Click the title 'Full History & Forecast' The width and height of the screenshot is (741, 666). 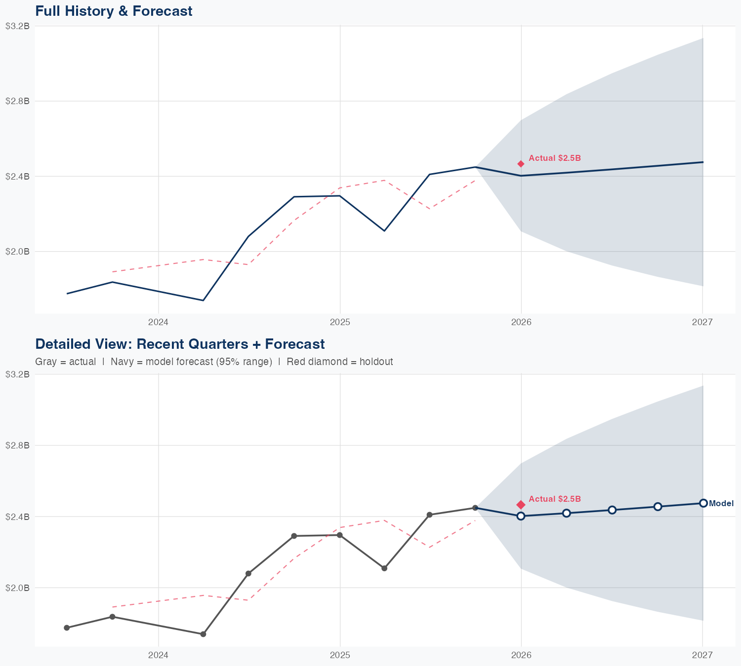[x=114, y=11]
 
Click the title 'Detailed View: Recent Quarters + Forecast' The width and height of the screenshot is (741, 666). [x=180, y=344]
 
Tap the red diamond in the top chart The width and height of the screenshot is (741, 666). [x=521, y=164]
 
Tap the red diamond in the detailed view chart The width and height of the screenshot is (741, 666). [x=521, y=505]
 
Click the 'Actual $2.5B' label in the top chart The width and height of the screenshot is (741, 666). [x=554, y=158]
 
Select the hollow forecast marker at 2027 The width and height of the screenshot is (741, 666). [x=703, y=503]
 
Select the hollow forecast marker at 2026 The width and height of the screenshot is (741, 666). [x=521, y=516]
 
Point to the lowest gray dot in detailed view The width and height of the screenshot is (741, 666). [x=203, y=634]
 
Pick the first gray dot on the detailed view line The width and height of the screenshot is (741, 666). [x=67, y=628]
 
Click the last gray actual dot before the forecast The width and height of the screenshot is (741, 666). [x=475, y=508]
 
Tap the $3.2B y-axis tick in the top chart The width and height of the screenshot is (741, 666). [x=17, y=26]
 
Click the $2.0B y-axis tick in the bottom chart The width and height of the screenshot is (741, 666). [x=17, y=588]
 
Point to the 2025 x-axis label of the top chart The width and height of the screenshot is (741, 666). [x=340, y=323]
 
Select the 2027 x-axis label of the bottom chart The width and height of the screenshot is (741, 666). [x=702, y=655]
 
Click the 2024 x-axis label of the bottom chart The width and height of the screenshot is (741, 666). [x=158, y=655]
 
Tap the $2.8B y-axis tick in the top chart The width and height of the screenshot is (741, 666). [x=17, y=101]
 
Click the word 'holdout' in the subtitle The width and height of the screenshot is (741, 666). [x=376, y=362]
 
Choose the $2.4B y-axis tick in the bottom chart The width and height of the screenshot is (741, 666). [x=17, y=517]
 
